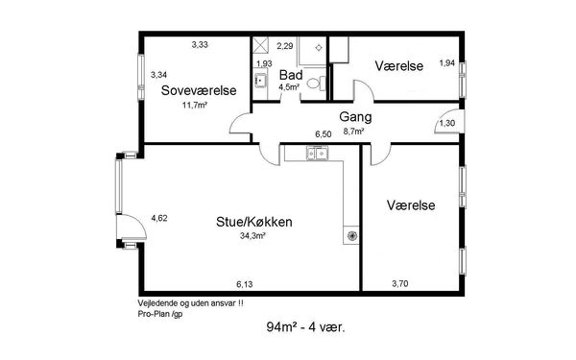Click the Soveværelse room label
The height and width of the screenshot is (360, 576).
coord(199,90)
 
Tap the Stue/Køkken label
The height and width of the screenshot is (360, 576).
coord(254,222)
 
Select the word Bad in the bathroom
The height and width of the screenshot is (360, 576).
coord(291,75)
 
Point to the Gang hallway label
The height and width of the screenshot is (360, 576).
coord(355,117)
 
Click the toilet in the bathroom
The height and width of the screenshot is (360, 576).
coord(316,84)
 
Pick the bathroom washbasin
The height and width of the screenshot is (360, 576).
coord(261,80)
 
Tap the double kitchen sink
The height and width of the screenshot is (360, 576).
coord(318,154)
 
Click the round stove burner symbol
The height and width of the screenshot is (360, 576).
coord(352,235)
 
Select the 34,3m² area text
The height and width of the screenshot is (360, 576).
coord(252,236)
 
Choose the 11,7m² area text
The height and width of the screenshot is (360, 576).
coord(195,106)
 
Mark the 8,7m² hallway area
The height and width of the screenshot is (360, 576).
coord(353,132)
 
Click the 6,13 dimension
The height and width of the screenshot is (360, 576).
coord(244,284)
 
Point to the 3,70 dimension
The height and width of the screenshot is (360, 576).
coord(400,283)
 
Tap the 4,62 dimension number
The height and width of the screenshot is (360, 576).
coord(159,218)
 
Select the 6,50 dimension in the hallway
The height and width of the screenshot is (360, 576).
coord(324,134)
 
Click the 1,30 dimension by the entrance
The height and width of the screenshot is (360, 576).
coord(447,124)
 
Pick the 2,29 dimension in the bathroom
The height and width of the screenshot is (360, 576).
coord(285,46)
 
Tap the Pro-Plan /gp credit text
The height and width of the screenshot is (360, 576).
coord(160,314)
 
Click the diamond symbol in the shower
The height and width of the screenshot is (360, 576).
coord(319,48)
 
